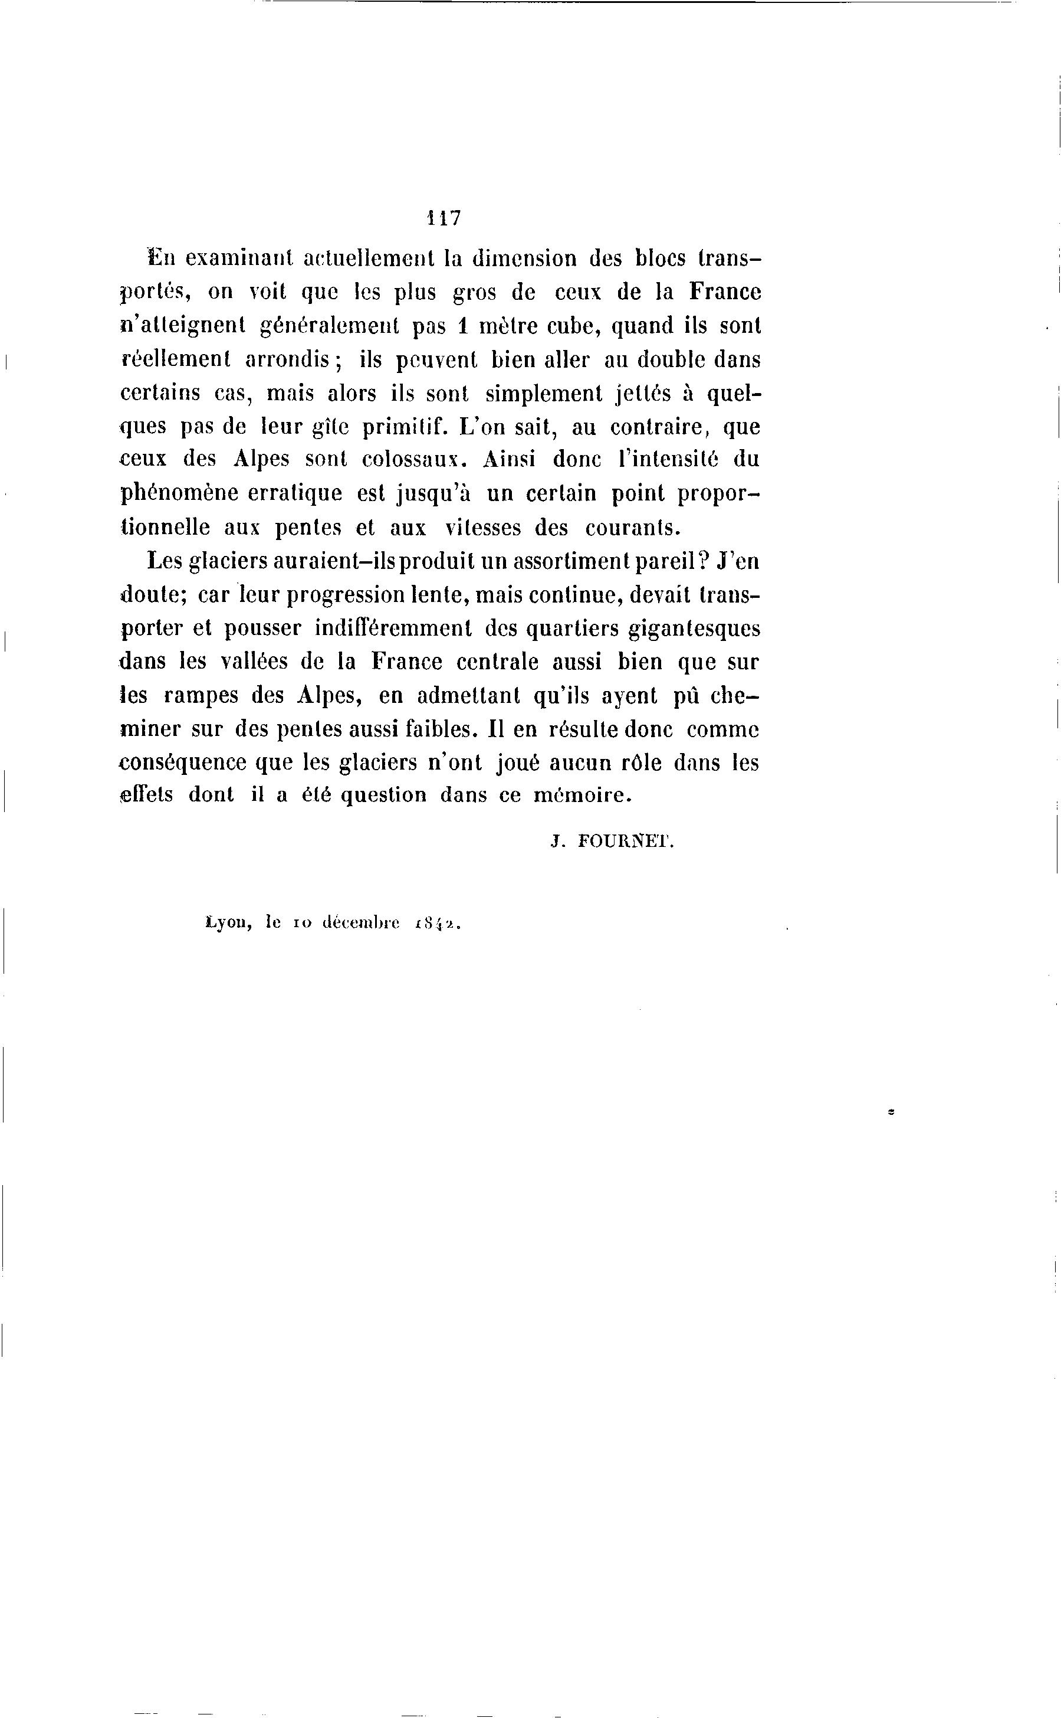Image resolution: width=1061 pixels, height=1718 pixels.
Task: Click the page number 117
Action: [x=444, y=218]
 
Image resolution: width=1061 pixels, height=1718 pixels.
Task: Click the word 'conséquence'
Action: [x=184, y=763]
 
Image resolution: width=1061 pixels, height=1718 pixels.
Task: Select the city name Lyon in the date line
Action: [x=228, y=925]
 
